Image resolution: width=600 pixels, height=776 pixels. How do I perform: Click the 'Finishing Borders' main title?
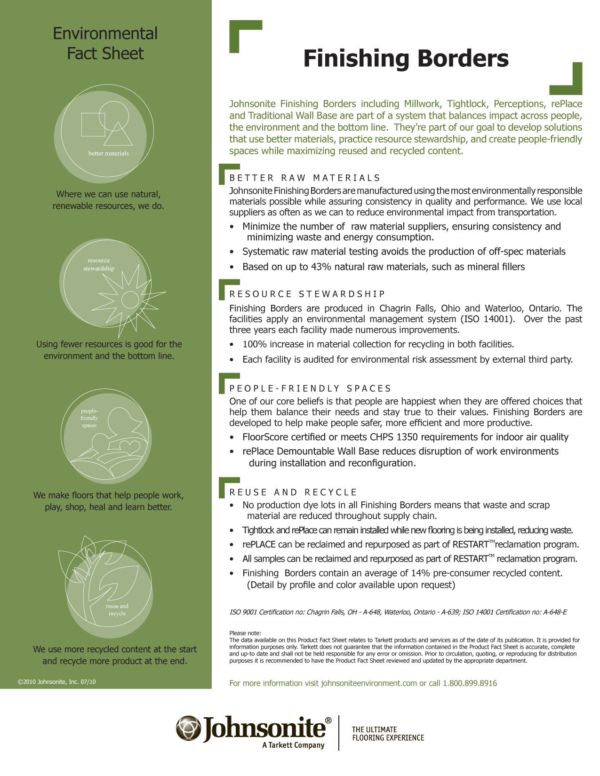coord(406,59)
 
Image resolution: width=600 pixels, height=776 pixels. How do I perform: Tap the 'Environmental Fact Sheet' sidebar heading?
coord(105,44)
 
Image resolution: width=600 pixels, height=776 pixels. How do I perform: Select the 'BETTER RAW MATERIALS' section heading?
coord(304,178)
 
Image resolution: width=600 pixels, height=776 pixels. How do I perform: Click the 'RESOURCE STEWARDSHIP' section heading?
coord(307,294)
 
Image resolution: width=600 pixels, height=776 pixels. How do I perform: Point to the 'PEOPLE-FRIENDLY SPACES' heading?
coord(310,388)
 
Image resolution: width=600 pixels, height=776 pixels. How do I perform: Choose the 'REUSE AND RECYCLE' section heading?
coord(293,492)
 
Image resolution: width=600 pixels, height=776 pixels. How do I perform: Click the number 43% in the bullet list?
coord(321,267)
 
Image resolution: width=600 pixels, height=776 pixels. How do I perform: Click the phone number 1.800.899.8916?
coord(469,683)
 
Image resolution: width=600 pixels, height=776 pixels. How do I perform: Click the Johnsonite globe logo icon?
coord(188,728)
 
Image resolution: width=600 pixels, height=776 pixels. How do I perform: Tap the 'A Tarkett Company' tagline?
coord(293,745)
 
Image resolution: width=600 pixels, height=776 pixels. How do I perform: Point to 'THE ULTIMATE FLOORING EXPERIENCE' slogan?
coord(388,734)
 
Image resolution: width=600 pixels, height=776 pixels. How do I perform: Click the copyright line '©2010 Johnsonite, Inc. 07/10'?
coord(56,681)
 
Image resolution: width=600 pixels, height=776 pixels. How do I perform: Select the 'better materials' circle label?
coord(108,153)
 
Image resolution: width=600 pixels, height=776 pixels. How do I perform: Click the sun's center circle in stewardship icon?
coord(130,300)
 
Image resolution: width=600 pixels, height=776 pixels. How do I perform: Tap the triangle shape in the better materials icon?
coord(118,135)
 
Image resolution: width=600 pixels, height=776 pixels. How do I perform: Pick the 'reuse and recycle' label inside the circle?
coord(117,610)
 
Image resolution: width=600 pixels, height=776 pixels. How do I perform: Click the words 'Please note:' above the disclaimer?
coord(245,633)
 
